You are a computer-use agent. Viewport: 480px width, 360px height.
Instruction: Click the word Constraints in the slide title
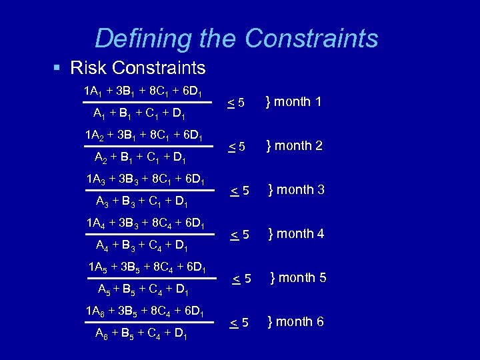click(311, 38)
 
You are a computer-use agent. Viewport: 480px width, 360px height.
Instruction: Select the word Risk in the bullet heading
click(89, 68)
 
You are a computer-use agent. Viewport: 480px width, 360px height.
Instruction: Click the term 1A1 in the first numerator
click(93, 90)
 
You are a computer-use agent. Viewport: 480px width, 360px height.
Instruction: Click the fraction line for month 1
click(143, 103)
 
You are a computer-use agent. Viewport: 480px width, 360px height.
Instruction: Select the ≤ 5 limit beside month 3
click(239, 191)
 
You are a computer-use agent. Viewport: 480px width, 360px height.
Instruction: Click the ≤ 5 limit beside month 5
click(241, 279)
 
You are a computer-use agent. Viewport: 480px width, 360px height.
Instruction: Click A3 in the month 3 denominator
click(104, 202)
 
